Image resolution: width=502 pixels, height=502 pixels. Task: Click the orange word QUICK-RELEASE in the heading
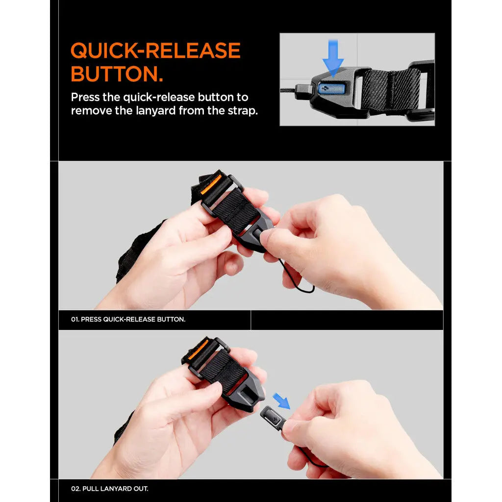point(155,50)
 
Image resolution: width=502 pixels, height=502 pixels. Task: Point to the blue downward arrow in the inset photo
point(333,58)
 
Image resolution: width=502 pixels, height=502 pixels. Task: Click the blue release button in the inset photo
point(330,89)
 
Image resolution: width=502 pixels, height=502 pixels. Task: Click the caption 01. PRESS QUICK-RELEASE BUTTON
point(128,319)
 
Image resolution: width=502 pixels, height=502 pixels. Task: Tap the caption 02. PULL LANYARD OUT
point(109,489)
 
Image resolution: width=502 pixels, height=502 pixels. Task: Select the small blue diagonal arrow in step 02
point(281,401)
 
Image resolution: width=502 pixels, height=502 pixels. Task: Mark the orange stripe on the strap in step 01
point(211,184)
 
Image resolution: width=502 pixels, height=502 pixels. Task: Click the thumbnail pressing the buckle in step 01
point(265,237)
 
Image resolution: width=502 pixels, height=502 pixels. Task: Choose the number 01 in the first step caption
point(75,319)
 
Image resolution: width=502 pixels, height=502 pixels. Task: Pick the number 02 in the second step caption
point(75,489)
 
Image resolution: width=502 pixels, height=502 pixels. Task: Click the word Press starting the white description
point(86,97)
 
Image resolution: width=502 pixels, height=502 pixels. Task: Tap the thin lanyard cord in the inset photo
point(288,91)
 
